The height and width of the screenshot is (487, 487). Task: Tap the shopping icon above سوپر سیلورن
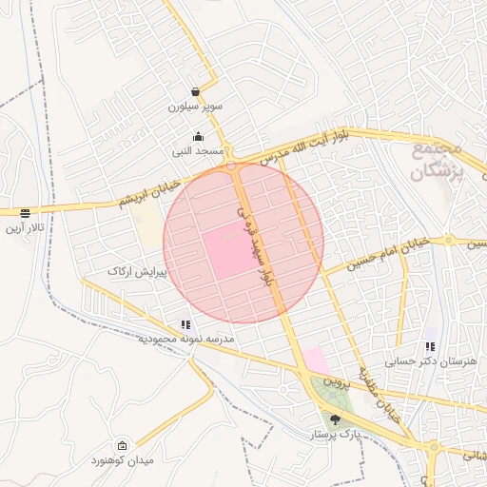click(195, 92)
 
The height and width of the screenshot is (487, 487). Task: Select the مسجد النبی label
click(198, 150)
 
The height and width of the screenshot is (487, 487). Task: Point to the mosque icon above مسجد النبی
click(198, 136)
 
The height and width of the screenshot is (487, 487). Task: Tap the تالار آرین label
click(24, 228)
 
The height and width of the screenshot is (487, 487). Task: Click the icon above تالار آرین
click(24, 213)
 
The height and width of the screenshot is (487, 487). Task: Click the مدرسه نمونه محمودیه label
click(185, 338)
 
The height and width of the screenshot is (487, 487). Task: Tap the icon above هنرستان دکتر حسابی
click(430, 347)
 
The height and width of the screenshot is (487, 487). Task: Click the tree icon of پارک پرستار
click(334, 419)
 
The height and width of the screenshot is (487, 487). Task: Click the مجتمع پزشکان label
click(437, 161)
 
